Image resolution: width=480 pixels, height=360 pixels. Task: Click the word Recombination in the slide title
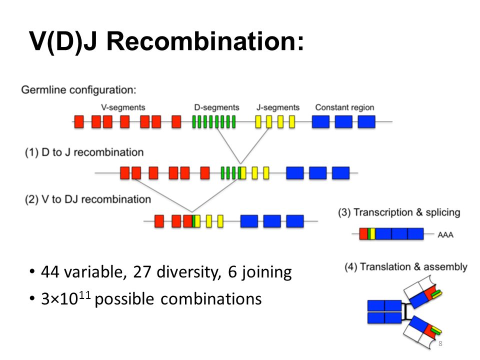coord(205,41)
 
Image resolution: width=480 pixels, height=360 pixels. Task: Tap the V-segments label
coord(123,107)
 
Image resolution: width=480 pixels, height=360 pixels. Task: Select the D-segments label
coord(216,107)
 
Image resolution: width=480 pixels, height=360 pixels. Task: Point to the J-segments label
coord(278,107)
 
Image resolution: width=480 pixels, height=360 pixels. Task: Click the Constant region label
coord(344,107)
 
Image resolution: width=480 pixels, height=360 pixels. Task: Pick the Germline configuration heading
coord(78,90)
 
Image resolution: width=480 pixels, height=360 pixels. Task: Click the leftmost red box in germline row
coord(79,121)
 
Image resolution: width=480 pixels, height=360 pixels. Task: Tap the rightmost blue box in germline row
coord(366,121)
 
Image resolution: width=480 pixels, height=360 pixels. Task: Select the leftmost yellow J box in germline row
coord(258,121)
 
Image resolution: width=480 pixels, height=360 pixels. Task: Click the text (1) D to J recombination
coord(84,152)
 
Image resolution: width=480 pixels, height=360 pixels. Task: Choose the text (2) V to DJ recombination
coord(88,199)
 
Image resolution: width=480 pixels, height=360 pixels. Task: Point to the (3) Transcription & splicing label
coord(399,212)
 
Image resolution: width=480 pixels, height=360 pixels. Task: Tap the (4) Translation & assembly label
coord(406,266)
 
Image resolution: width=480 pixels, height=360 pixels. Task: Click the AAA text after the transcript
coord(445,235)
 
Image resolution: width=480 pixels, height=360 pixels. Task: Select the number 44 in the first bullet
coord(50,272)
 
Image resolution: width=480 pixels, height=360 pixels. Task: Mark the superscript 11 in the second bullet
coord(85,295)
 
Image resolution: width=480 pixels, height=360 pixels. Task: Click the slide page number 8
coord(440,343)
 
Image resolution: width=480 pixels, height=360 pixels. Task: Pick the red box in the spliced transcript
coord(363,234)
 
